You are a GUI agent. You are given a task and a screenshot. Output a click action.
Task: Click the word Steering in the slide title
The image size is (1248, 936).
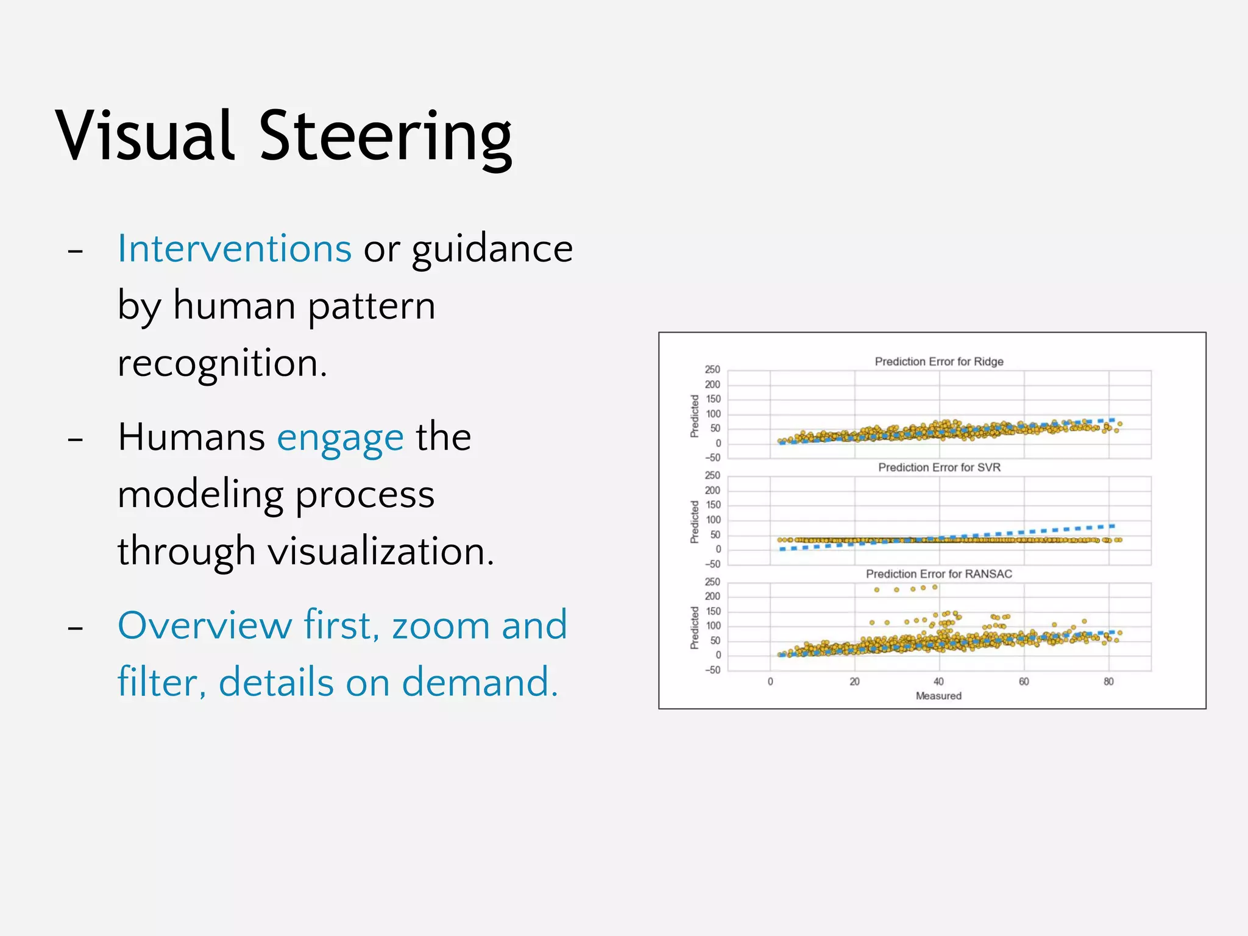click(x=385, y=137)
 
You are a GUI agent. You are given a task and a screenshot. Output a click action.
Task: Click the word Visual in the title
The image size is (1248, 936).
click(x=144, y=137)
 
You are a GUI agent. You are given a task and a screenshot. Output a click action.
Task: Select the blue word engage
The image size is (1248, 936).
click(x=340, y=438)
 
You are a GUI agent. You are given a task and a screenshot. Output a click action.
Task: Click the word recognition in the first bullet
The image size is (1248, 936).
click(x=222, y=364)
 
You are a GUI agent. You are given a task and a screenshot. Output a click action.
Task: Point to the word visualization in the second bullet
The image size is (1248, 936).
click(x=381, y=551)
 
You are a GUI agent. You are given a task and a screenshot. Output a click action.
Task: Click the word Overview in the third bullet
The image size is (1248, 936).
click(x=205, y=625)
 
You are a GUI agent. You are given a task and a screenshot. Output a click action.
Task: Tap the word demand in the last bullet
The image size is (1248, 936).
click(x=480, y=682)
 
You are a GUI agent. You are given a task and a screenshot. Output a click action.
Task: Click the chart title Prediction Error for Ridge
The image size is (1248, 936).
click(x=938, y=361)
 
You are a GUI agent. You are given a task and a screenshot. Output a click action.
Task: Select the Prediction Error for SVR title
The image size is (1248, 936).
click(x=939, y=467)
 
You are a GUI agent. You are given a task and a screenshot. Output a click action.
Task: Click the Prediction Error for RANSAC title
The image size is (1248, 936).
click(x=938, y=574)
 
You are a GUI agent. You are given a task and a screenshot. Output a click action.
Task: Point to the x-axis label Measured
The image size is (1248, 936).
click(x=938, y=696)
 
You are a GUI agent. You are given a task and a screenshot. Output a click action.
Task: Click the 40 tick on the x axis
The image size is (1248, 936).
click(x=938, y=682)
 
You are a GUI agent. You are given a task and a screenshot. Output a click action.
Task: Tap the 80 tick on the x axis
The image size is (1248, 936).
click(x=1108, y=682)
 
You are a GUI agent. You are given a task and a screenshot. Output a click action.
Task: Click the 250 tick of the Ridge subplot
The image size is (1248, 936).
click(x=712, y=370)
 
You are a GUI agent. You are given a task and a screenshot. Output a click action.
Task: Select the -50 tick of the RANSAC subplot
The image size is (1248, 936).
click(x=712, y=670)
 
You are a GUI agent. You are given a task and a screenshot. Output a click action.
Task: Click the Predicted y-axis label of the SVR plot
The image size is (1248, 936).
click(x=694, y=522)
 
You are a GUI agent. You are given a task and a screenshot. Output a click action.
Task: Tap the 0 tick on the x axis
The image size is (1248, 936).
click(x=770, y=682)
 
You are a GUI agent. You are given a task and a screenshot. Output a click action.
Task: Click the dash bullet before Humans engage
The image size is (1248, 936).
click(x=76, y=439)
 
